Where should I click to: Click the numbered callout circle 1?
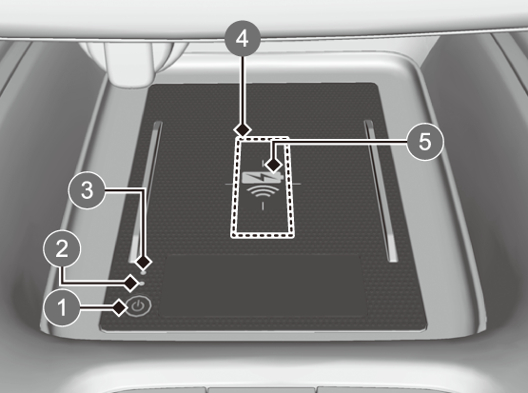[62, 307]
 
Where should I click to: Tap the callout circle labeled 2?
[62, 249]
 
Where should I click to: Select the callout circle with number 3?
[88, 190]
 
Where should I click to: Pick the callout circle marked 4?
[243, 39]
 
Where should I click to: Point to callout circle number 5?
[425, 142]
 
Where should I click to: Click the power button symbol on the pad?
[139, 306]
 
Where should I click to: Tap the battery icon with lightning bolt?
[262, 177]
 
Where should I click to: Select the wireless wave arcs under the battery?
[263, 192]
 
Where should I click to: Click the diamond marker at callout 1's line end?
[119, 307]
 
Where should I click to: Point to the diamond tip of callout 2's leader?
[131, 283]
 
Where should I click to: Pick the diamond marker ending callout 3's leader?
[144, 262]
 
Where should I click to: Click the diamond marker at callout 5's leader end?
[273, 166]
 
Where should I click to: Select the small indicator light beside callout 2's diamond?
[143, 284]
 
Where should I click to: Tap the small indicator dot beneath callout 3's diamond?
[144, 271]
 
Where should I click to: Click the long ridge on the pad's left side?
[145, 192]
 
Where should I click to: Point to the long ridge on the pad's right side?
[381, 191]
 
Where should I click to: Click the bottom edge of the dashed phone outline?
[262, 235]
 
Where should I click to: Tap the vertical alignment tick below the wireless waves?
[263, 206]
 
